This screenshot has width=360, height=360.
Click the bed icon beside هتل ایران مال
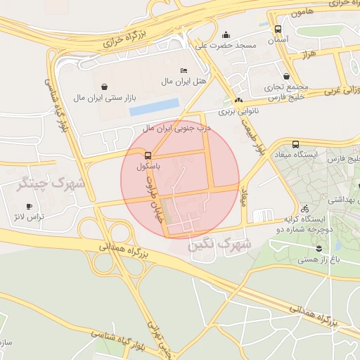coord(184,71)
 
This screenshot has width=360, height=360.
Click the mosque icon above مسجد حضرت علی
coord(226,34)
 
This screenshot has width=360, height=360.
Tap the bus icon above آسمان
coord(278,30)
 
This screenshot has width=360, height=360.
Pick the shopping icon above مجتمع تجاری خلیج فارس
coord(286,76)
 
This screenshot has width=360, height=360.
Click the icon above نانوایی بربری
coord(238,100)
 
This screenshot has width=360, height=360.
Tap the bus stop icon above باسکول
coord(148,155)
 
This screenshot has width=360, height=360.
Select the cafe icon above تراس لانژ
coord(29,205)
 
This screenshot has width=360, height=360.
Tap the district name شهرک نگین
coord(221,245)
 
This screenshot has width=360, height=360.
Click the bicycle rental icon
coord(304,208)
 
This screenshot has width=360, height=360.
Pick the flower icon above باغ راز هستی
coord(319,248)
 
